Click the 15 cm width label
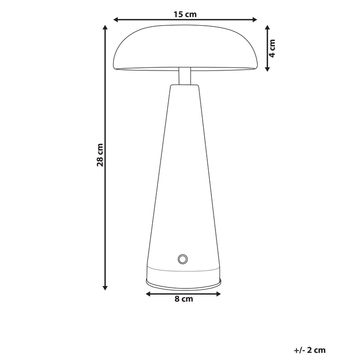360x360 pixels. click(185, 14)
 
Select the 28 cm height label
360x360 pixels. click(101, 155)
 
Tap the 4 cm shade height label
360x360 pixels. click(273, 47)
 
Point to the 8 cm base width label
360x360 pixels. click(184, 299)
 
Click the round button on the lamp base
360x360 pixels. click(183, 258)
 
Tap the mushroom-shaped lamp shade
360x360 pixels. click(185, 49)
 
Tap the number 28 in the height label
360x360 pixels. click(101, 161)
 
